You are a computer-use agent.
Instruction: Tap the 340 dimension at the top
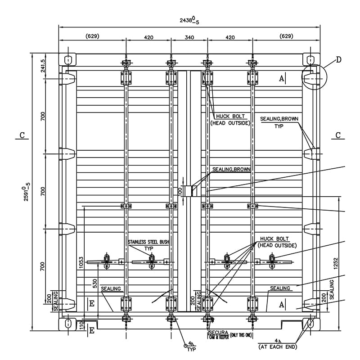click(x=189, y=37)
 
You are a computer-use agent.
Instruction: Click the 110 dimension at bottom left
click(x=81, y=324)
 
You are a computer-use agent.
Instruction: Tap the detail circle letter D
click(x=339, y=59)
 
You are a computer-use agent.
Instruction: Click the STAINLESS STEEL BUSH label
click(x=148, y=242)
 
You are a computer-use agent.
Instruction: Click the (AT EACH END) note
click(x=278, y=347)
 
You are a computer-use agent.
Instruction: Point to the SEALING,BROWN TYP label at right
click(x=279, y=122)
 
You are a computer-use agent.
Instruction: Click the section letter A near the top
click(x=282, y=78)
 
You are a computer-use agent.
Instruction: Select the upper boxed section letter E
click(x=91, y=303)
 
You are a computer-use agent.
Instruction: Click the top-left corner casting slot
click(x=68, y=60)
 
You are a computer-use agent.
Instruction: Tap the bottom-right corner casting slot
click(x=310, y=323)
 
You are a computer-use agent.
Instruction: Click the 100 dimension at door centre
click(x=180, y=191)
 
